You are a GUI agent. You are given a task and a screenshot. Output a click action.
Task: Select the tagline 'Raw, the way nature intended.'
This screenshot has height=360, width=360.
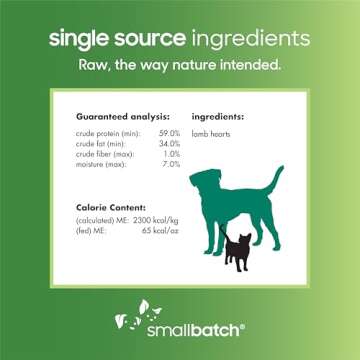180,67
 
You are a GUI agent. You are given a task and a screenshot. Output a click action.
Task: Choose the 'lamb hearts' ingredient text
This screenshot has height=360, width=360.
209,133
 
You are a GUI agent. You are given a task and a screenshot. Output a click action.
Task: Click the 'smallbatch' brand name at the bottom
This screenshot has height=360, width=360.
190,327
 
